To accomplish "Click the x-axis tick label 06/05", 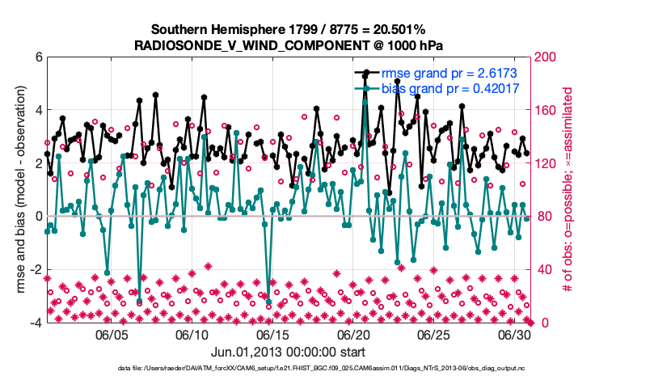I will pyautogui.click(x=112, y=334).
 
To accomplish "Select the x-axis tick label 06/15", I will pyautogui.click(x=273, y=334).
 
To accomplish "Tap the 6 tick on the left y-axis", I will pyautogui.click(x=38, y=57).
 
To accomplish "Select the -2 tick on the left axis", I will pyautogui.click(x=36, y=270).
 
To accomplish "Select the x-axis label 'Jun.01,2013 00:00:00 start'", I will pyautogui.click(x=289, y=352).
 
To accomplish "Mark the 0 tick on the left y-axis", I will pyautogui.click(x=38, y=217).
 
